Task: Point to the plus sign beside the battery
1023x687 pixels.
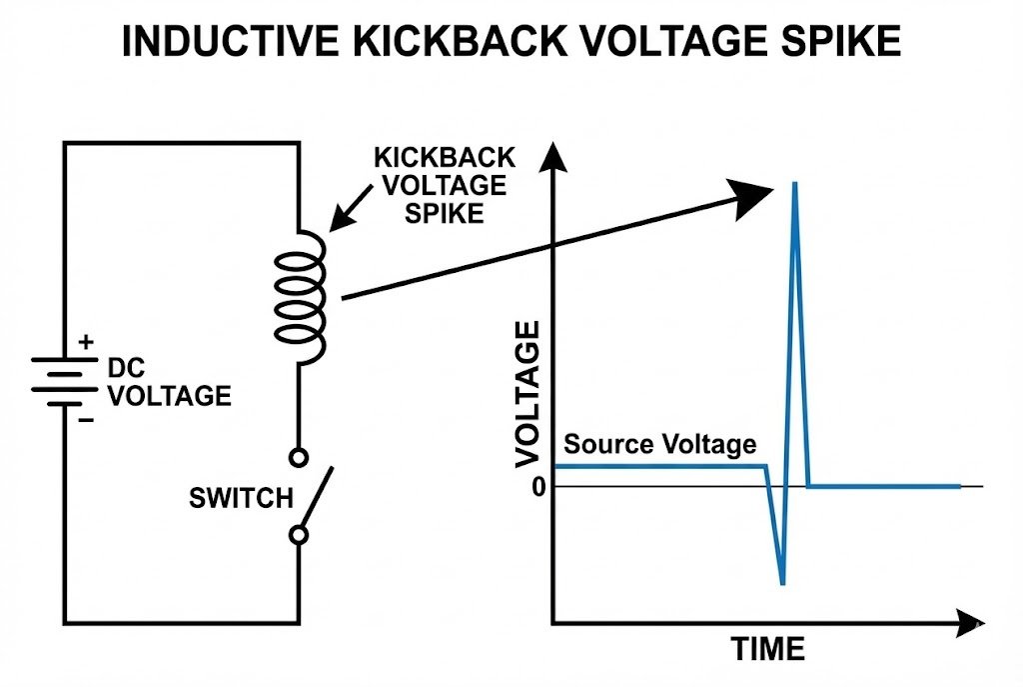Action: click(86, 342)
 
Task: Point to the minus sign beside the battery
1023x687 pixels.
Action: click(86, 420)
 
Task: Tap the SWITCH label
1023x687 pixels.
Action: click(241, 497)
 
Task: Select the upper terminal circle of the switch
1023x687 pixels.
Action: click(298, 458)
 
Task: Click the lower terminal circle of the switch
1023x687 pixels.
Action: click(298, 535)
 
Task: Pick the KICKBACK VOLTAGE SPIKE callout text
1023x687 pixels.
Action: click(444, 185)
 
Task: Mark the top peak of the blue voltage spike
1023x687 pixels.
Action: click(794, 184)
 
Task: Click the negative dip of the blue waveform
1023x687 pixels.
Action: click(781, 582)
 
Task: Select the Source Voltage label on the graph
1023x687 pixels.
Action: click(659, 444)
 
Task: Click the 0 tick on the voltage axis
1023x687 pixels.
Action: click(538, 487)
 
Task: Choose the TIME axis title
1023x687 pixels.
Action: click(767, 649)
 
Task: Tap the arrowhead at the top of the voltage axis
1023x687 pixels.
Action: click(552, 156)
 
